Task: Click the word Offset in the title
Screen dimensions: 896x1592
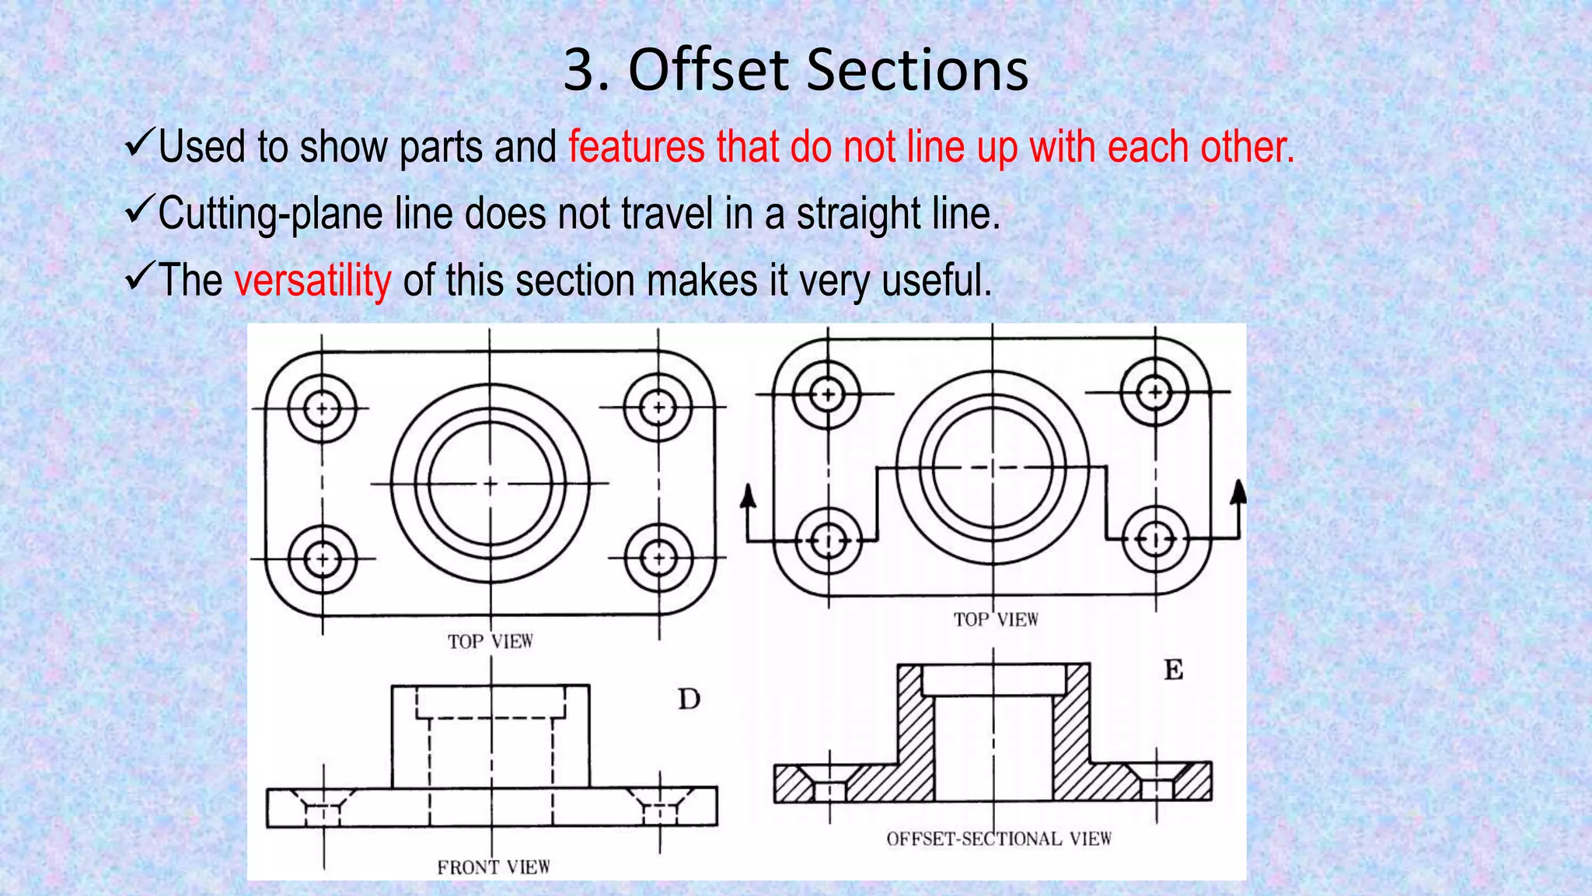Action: pyautogui.click(x=709, y=70)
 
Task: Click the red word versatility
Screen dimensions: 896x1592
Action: pyautogui.click(x=312, y=280)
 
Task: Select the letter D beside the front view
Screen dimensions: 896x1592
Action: pyautogui.click(x=689, y=699)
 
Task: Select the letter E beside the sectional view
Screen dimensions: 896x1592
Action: pyautogui.click(x=1173, y=670)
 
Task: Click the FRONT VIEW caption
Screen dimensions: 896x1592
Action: pyautogui.click(x=493, y=866)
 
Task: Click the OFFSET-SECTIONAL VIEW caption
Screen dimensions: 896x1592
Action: pyautogui.click(x=999, y=838)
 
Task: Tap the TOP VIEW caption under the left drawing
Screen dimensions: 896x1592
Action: pyautogui.click(x=490, y=641)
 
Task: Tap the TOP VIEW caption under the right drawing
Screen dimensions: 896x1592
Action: pyautogui.click(x=996, y=619)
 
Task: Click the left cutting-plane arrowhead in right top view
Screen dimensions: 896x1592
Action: pyautogui.click(x=748, y=495)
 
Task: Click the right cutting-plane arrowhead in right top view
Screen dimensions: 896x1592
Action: pyautogui.click(x=1239, y=492)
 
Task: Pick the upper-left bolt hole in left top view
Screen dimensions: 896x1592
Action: pyautogui.click(x=322, y=408)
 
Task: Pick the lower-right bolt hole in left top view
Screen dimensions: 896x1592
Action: pyautogui.click(x=658, y=558)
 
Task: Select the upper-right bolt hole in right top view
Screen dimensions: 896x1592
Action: pyautogui.click(x=1154, y=392)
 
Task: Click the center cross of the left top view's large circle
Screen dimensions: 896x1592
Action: pyautogui.click(x=490, y=484)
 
